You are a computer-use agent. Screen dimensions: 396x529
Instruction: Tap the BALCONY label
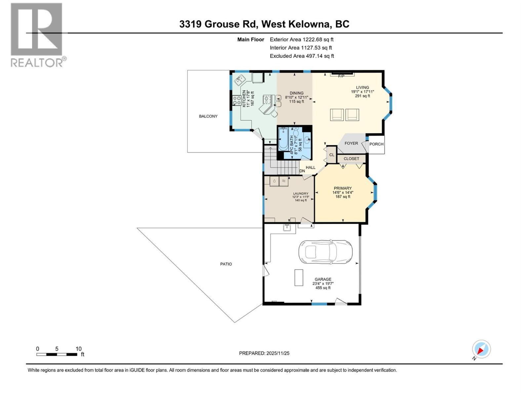tap(208, 116)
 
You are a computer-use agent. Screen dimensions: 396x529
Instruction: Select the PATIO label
tap(226, 264)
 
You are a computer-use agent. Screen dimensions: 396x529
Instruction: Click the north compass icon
tap(481, 349)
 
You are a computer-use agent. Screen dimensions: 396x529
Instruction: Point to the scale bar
tap(57, 354)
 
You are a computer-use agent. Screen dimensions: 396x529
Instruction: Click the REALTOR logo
tap(37, 35)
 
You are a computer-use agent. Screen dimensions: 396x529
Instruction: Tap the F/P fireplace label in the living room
tap(341, 76)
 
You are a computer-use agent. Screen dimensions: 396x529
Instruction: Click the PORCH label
tap(376, 144)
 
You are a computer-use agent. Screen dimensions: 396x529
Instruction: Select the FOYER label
tap(351, 143)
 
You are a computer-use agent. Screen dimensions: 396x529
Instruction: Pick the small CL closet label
tap(332, 155)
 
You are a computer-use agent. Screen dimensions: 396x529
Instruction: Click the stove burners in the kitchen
tap(237, 100)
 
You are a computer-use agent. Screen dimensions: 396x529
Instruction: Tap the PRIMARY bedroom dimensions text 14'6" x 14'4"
tap(343, 192)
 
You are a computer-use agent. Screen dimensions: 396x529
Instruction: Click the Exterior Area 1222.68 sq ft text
tap(302, 39)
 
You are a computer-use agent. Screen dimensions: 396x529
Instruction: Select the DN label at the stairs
tap(302, 171)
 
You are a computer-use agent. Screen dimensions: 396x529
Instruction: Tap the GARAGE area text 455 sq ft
tap(323, 288)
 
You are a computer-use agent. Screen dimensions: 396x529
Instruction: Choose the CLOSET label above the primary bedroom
tap(351, 159)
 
